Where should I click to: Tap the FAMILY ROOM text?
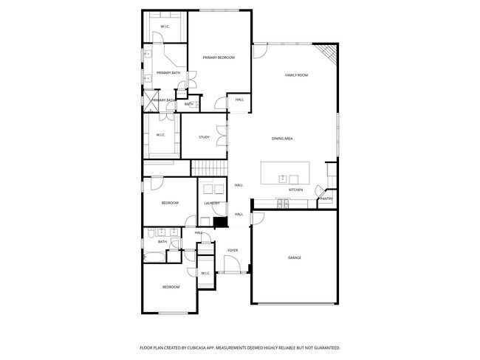click(296, 75)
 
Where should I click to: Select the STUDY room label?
click(205, 137)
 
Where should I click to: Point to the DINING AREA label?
click(283, 139)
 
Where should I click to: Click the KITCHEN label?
click(295, 190)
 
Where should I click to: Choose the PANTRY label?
click(326, 198)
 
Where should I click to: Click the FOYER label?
click(233, 251)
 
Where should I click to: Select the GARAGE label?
click(295, 257)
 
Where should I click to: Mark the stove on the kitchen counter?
click(283, 201)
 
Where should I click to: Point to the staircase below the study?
click(210, 168)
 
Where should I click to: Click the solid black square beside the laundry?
click(219, 221)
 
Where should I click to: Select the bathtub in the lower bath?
click(154, 257)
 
